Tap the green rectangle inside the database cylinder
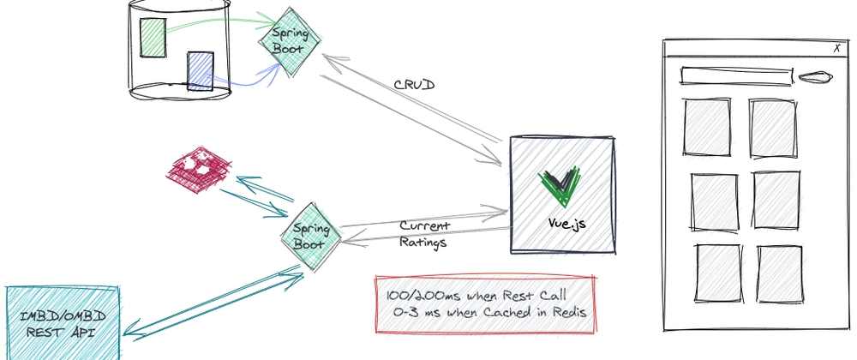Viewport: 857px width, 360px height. click(153, 38)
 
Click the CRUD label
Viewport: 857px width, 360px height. click(416, 87)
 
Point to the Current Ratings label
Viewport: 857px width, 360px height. click(425, 233)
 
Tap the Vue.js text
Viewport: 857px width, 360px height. click(567, 224)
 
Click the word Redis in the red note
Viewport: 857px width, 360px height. click(566, 313)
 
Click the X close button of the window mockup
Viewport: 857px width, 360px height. click(836, 50)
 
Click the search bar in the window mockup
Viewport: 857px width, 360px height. click(734, 75)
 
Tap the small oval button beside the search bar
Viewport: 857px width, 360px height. click(813, 77)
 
